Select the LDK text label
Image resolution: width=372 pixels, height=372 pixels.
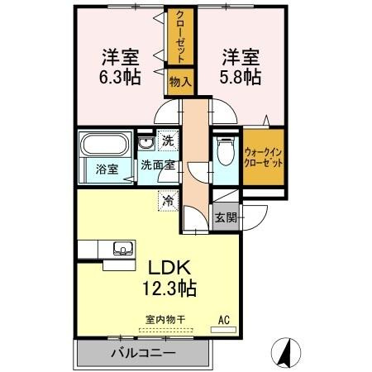coord(171,268)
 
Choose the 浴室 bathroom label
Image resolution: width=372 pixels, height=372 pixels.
coord(106,168)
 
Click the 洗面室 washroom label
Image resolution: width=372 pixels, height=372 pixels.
coord(155,165)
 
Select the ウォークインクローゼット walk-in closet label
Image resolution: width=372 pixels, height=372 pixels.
coord(264,157)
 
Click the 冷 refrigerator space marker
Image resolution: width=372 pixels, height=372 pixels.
coord(168,199)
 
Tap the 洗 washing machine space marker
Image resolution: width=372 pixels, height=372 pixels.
coord(168,141)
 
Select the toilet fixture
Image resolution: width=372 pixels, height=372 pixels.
coord(223,154)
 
